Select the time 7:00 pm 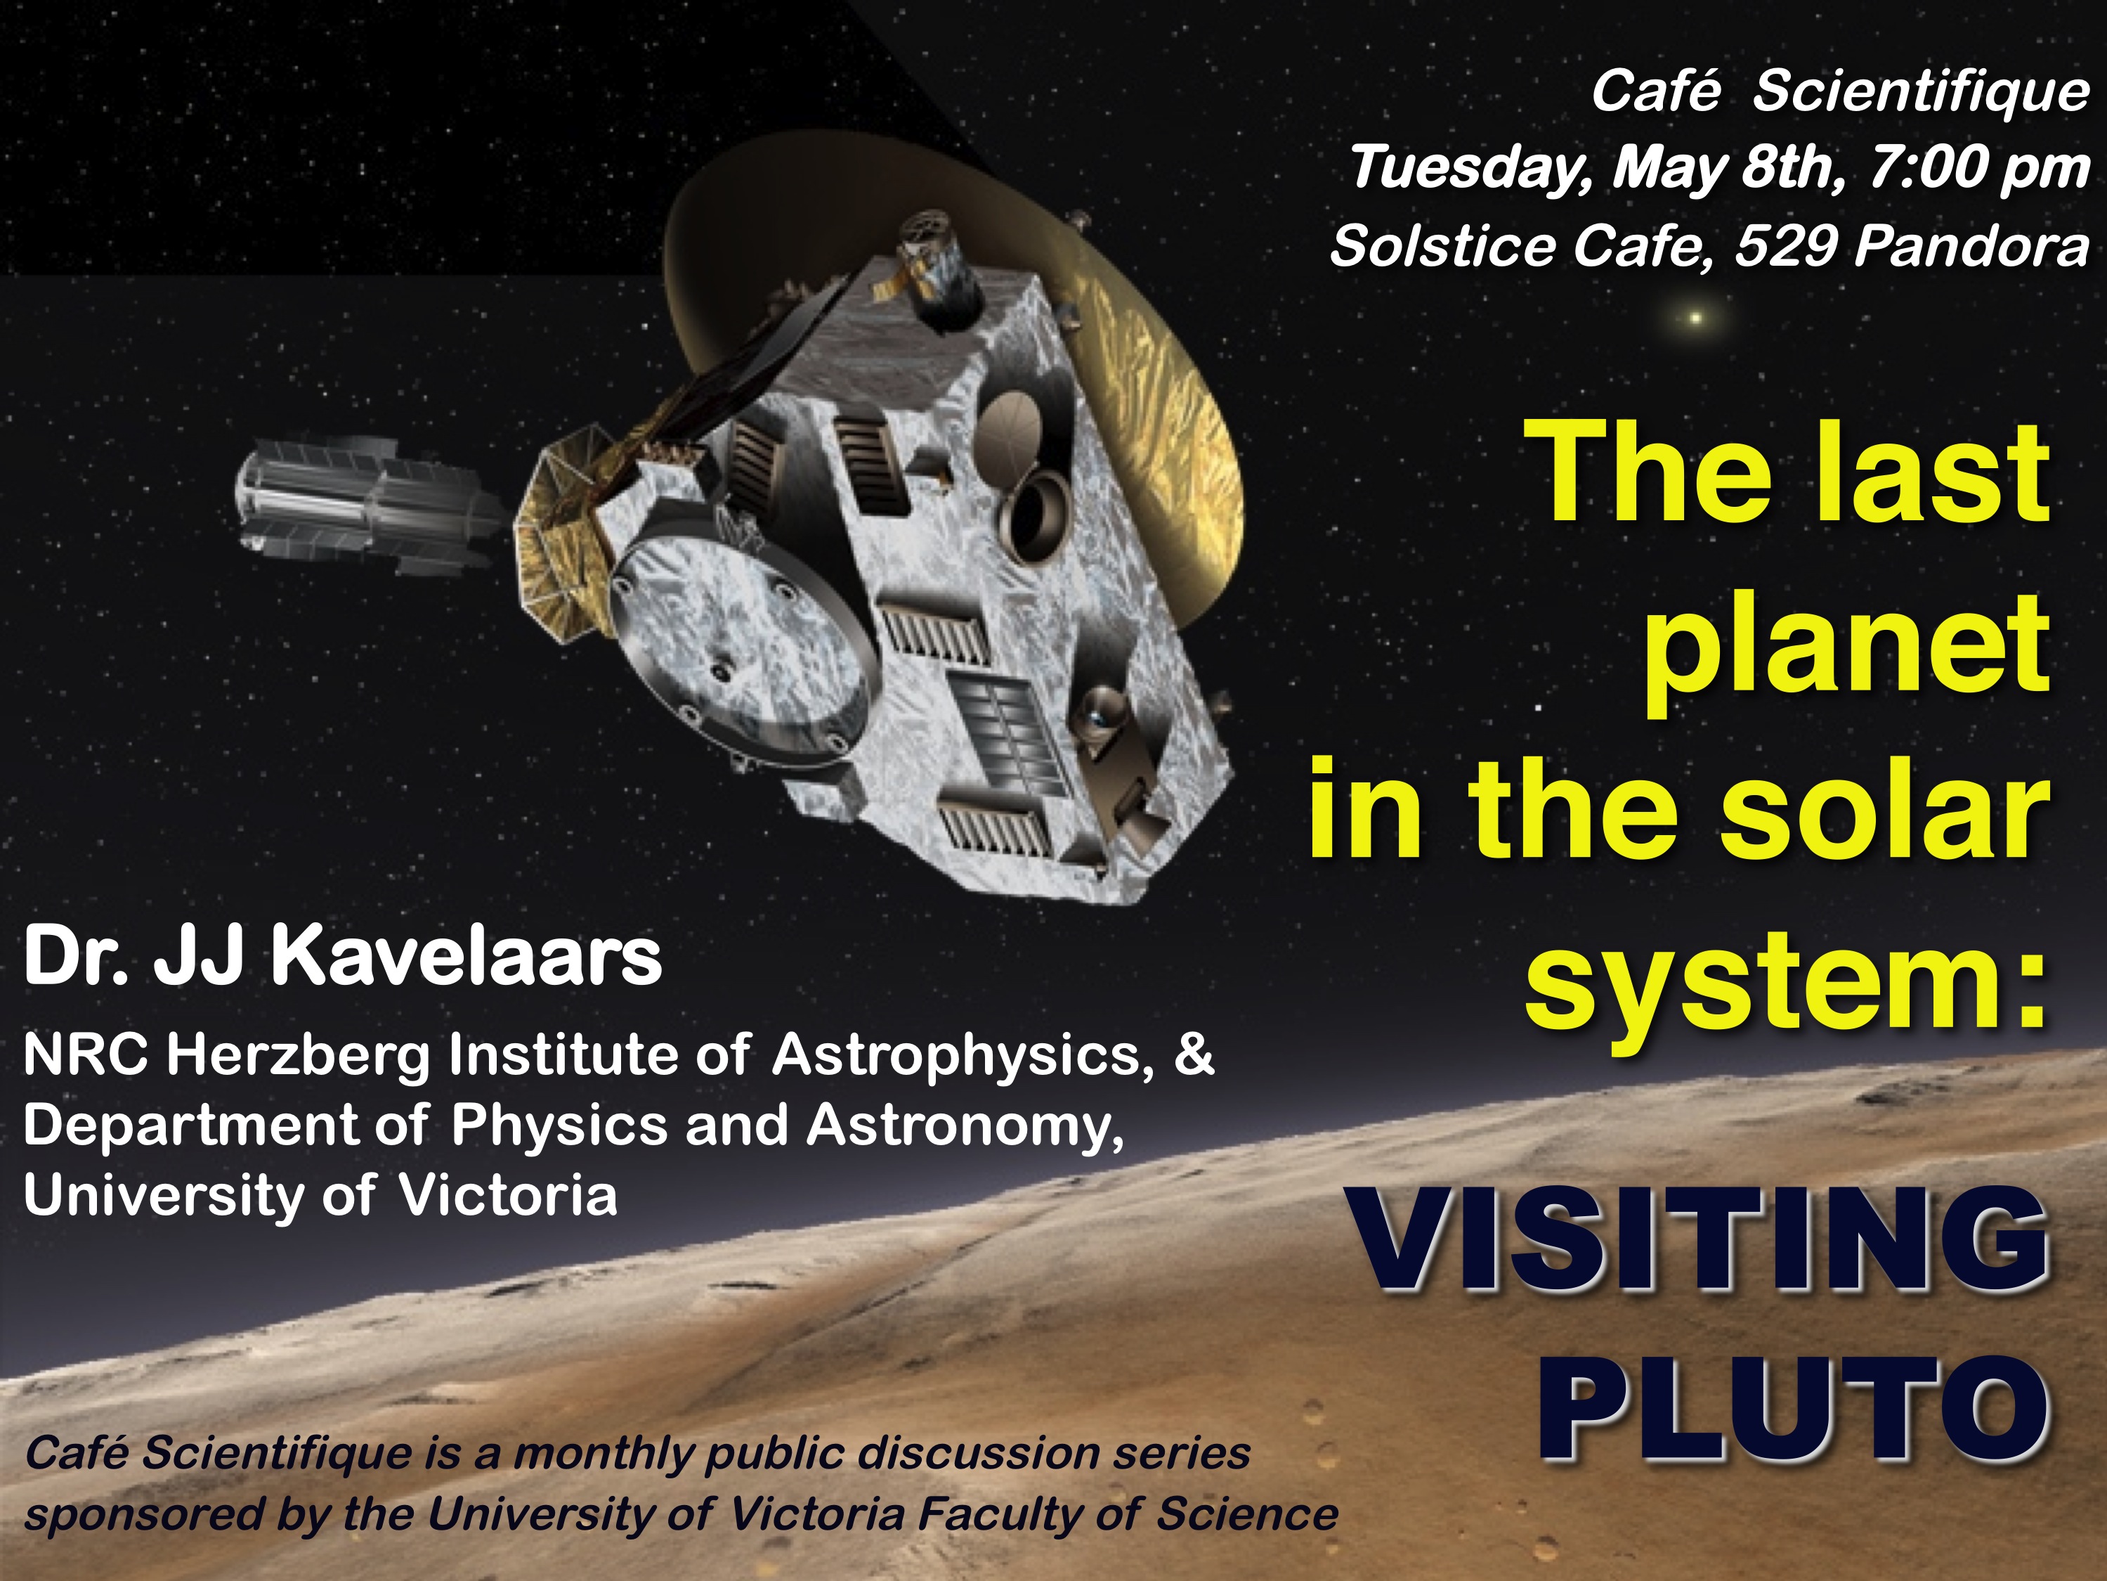[x=1978, y=169]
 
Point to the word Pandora [x=1971, y=247]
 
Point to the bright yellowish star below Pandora [x=1695, y=318]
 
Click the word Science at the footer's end [x=1246, y=1514]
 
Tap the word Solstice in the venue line [x=1443, y=247]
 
